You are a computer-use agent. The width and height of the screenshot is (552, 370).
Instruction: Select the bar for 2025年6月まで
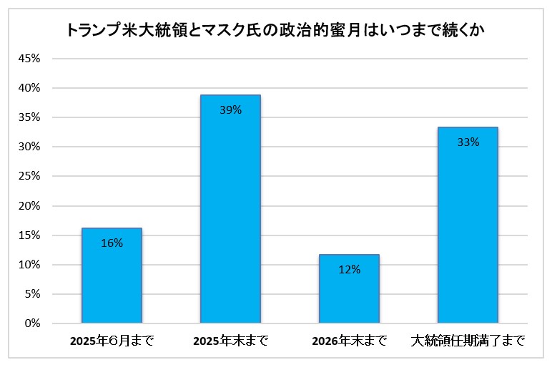pos(112,276)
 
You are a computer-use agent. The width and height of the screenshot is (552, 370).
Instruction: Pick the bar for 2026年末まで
pos(349,289)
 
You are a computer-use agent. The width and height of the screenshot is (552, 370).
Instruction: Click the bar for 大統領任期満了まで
pos(468,225)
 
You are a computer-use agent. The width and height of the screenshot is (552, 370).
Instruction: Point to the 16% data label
pos(112,243)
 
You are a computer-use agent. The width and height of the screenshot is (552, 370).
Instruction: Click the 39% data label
pos(230,110)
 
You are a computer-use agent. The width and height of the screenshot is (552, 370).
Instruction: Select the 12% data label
pos(349,270)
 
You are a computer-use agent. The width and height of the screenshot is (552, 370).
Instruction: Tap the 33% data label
pos(468,142)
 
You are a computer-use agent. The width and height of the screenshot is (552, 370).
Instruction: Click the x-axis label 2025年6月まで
pos(112,341)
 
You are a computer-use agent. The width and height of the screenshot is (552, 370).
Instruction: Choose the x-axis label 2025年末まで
pos(230,341)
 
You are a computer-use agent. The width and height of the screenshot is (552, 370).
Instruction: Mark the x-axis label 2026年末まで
pos(349,341)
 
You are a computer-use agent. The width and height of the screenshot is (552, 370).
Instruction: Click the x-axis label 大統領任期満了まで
pos(468,341)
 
